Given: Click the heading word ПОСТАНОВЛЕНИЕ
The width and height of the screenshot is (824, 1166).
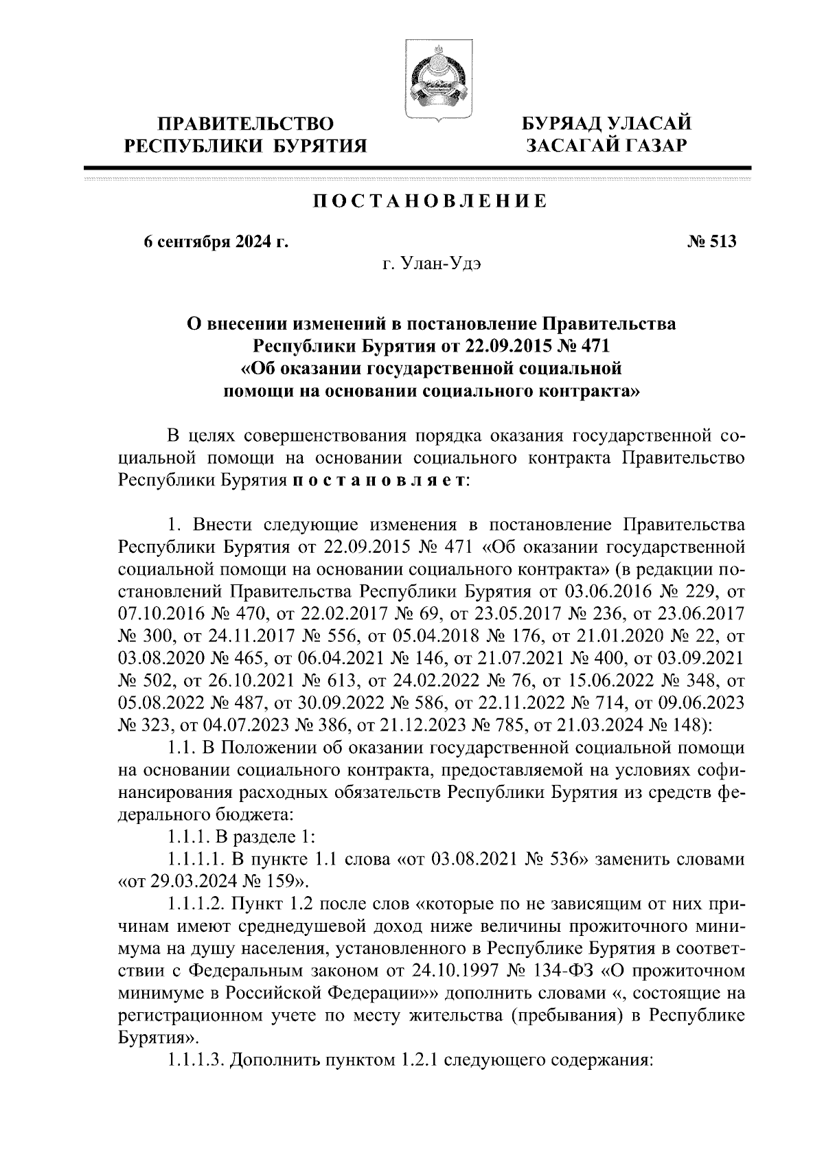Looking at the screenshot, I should pyautogui.click(x=431, y=201).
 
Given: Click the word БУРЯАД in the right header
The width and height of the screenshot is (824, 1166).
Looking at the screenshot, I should pyautogui.click(x=562, y=124).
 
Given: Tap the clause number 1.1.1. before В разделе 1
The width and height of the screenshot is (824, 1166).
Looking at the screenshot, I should pyautogui.click(x=189, y=838).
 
